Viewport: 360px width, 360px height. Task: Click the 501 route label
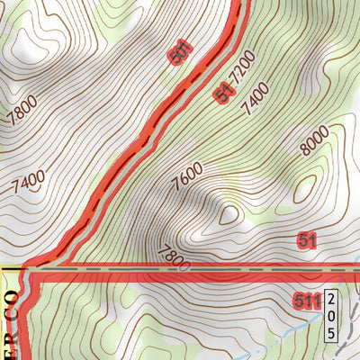(181, 52)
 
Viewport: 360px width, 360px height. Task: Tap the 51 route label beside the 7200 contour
(226, 92)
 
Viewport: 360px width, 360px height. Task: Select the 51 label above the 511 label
(307, 240)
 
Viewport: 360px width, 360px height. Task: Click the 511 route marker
(306, 301)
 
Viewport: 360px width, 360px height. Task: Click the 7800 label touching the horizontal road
(173, 258)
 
